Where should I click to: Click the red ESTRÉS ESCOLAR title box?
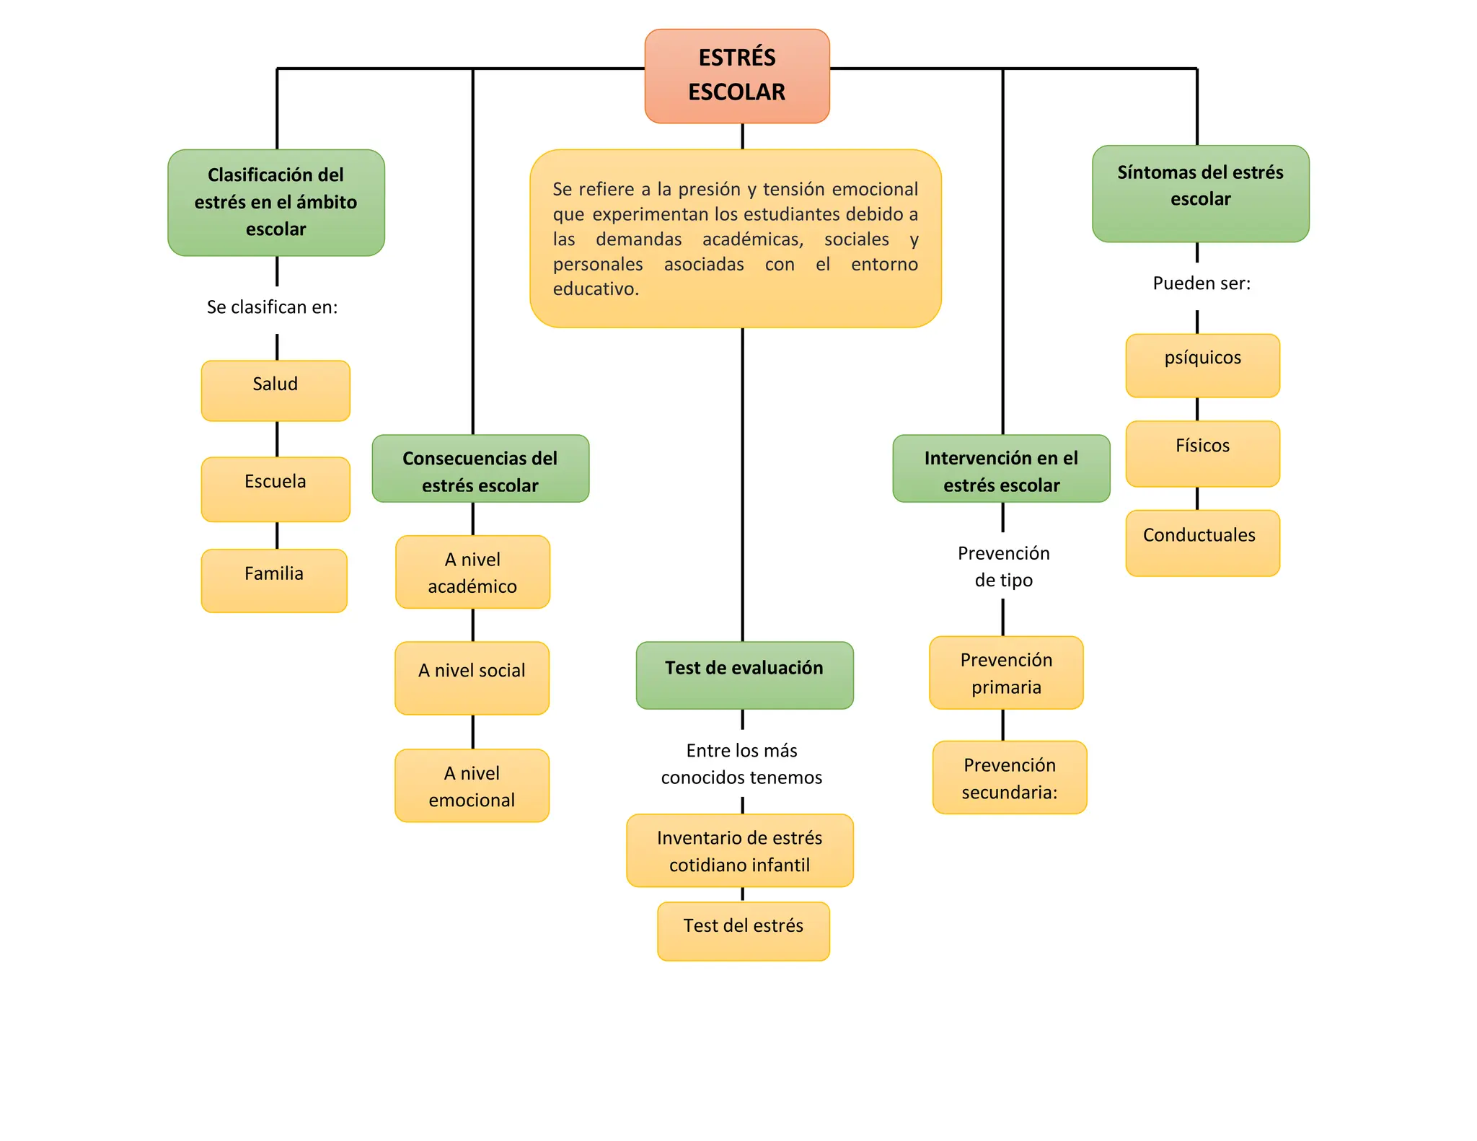(737, 76)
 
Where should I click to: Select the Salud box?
(275, 390)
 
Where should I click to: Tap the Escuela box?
(275, 488)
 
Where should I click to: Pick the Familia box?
(274, 580)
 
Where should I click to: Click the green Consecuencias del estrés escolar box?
(480, 469)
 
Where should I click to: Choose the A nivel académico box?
(472, 572)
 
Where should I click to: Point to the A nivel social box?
(472, 677)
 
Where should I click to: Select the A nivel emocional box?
(472, 785)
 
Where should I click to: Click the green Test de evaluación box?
(744, 674)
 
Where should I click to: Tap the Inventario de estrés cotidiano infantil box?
(740, 850)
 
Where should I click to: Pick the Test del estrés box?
(744, 930)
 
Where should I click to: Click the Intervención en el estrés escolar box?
(1001, 469)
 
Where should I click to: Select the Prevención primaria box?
(1006, 672)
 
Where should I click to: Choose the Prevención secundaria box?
(1010, 777)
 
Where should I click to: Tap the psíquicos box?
(1202, 365)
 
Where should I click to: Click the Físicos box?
(1202, 453)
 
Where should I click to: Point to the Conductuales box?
(1202, 542)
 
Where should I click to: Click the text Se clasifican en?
(272, 307)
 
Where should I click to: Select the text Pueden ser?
(1202, 283)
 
